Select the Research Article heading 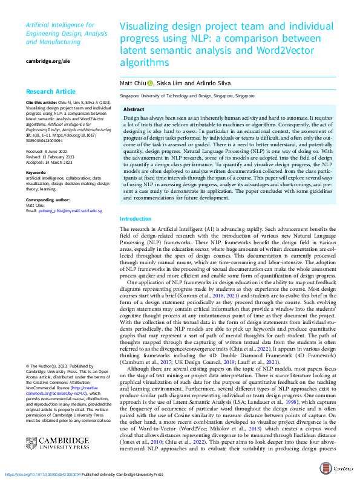coord(50,92)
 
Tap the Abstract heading coord(134,109)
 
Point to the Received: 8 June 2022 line coord(46,151)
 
